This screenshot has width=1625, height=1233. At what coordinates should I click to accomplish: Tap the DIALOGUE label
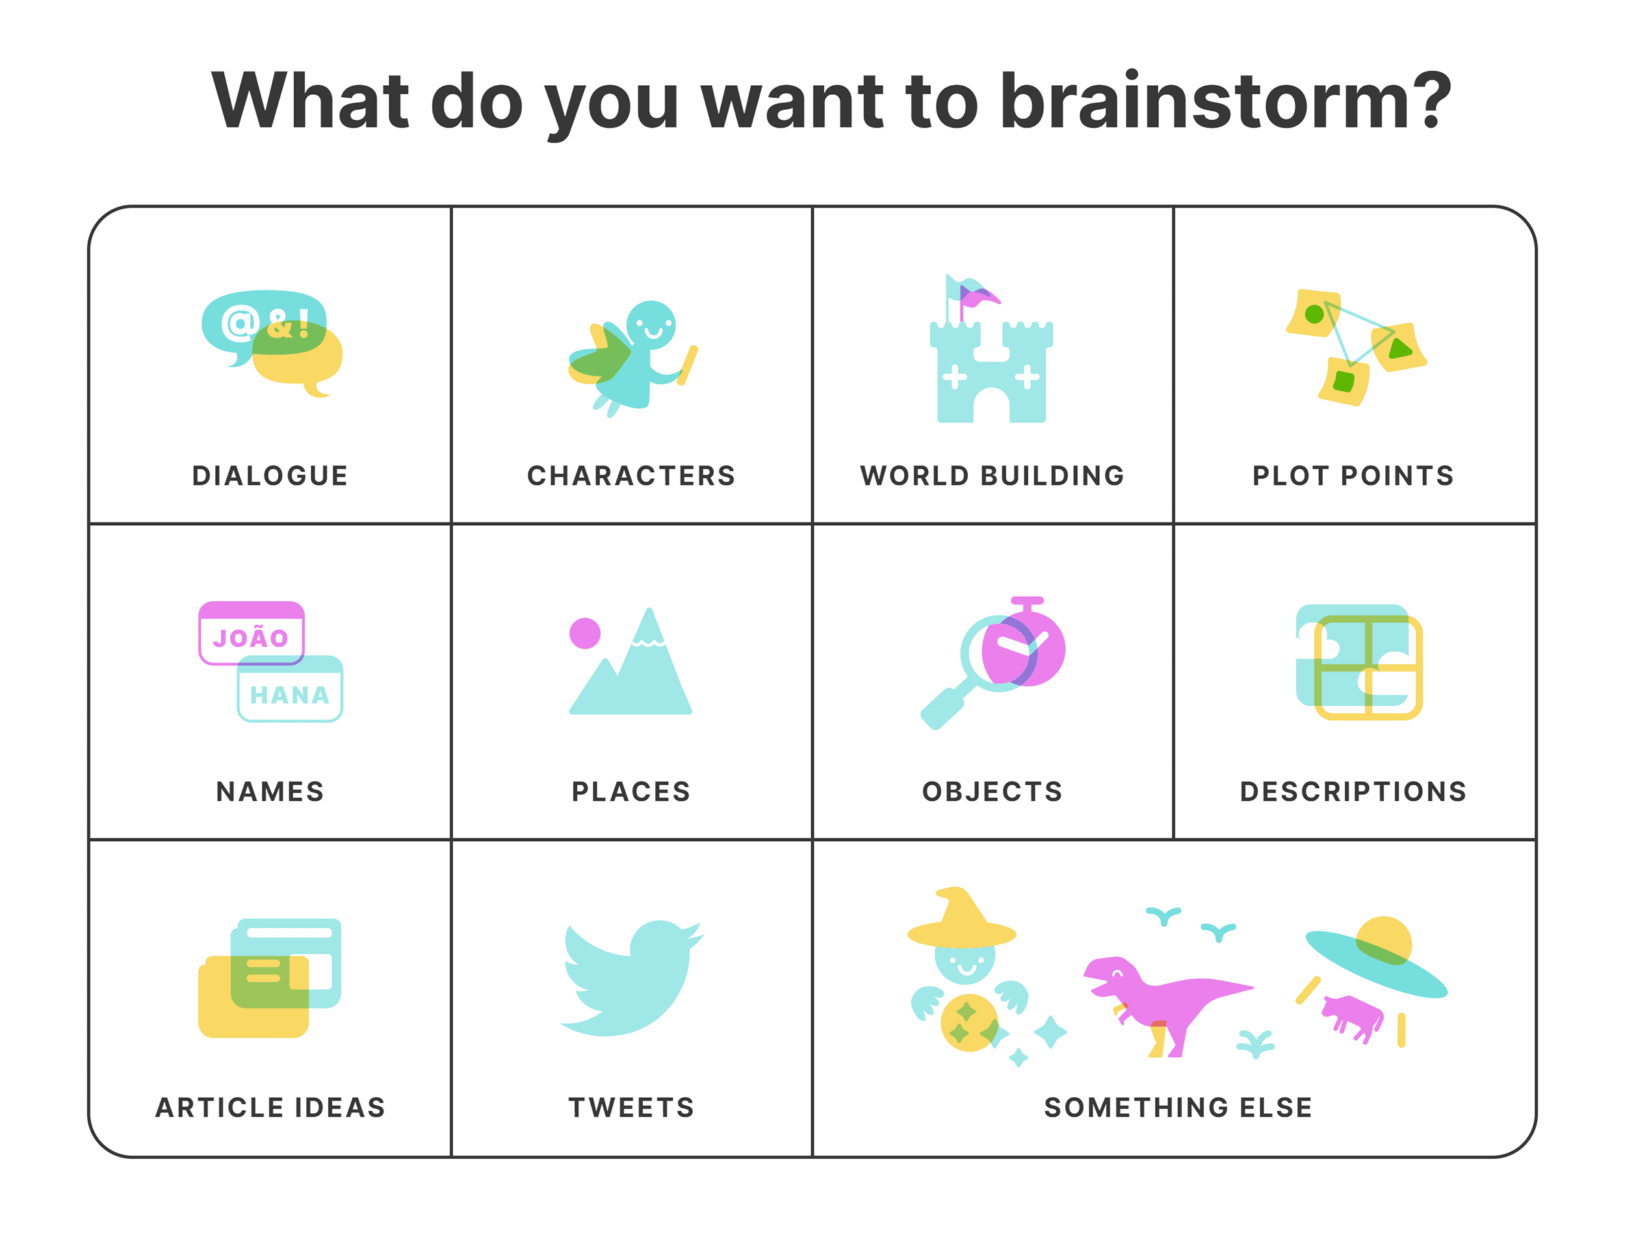pos(270,475)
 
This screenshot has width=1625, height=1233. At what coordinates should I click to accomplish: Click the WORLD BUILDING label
pos(992,475)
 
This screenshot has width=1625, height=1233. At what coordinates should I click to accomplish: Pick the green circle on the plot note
pos(1314,315)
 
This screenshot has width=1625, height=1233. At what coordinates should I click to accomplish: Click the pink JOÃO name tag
pos(252,632)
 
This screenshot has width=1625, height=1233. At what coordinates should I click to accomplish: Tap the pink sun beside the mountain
pos(585,632)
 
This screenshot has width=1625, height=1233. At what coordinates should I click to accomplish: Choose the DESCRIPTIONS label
pos(1353,792)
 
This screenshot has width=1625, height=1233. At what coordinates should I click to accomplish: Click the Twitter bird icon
pos(632,978)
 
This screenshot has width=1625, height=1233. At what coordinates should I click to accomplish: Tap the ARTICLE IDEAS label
pos(270,1108)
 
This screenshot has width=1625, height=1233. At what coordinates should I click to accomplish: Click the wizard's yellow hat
pos(961,922)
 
